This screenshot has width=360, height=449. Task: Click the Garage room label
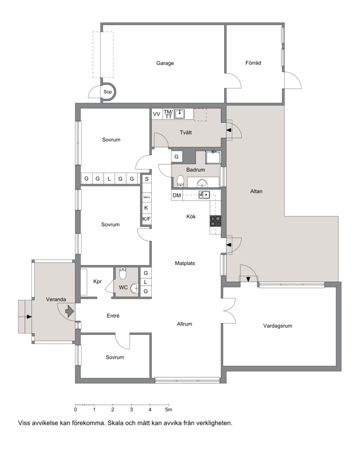[x=165, y=63]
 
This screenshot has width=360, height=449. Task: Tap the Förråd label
[x=253, y=63]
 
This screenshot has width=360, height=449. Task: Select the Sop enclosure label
[x=108, y=92]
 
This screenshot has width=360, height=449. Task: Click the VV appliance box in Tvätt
[x=157, y=114]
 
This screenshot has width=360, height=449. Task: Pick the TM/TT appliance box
[x=168, y=114]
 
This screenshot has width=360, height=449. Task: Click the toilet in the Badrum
[x=180, y=181]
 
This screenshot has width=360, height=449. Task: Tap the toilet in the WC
[x=122, y=273]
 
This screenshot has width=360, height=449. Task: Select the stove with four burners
[x=216, y=221]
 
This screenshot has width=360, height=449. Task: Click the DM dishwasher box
[x=177, y=195]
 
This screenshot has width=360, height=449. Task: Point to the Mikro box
[x=147, y=198]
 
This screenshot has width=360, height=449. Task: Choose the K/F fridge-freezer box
[x=147, y=220]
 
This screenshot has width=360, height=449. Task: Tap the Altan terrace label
[x=256, y=191]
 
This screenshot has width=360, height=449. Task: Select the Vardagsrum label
[x=278, y=326]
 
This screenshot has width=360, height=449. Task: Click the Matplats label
[x=185, y=263]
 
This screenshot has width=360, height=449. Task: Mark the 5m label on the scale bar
[x=169, y=410]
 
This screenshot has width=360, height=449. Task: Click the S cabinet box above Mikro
[x=147, y=179]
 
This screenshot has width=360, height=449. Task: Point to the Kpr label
[x=97, y=282]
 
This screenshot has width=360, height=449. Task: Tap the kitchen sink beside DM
[x=204, y=195]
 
